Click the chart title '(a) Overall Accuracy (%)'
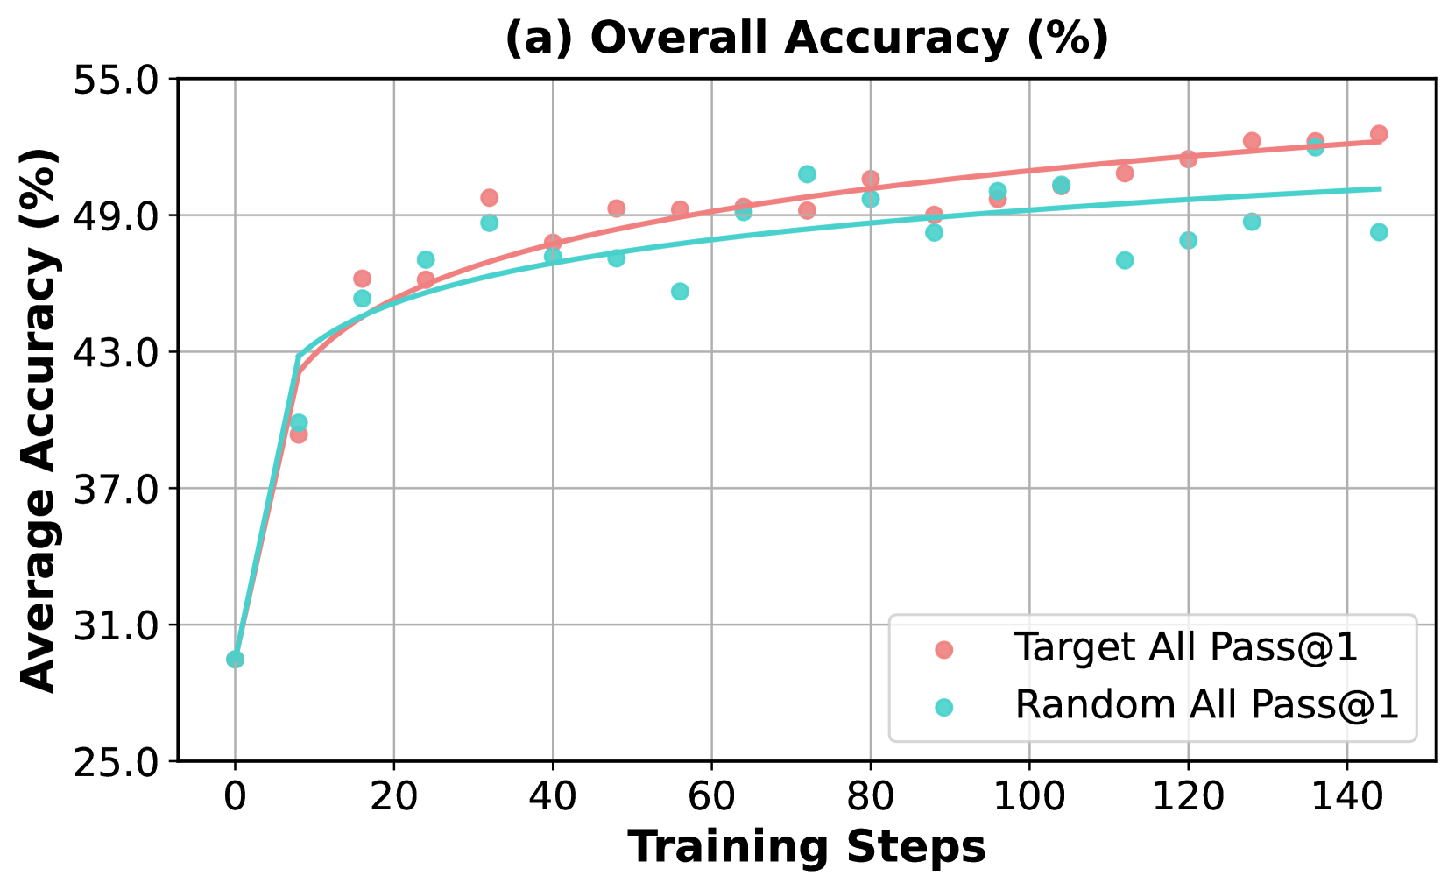807,39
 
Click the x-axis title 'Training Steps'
807,847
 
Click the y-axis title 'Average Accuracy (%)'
39,420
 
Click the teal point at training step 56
680,292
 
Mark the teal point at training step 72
807,174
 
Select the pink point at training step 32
489,198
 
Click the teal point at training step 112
1125,260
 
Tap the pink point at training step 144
1379,134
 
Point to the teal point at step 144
1379,232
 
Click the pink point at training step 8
299,434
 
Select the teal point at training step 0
235,660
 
